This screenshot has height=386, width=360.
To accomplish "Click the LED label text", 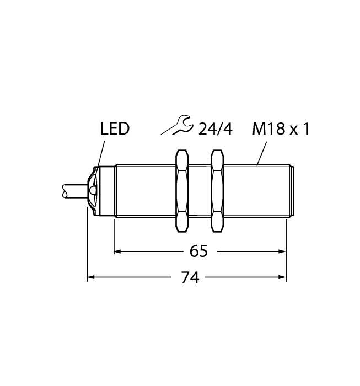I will coord(115,130).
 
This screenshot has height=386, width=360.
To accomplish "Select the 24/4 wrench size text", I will coord(216,130).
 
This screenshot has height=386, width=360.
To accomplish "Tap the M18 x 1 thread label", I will coord(281,130).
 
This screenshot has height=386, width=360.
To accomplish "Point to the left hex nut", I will coord(181,190).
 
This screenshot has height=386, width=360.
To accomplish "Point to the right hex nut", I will coord(218,190).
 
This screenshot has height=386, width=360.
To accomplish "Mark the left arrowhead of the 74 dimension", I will coord(92,278).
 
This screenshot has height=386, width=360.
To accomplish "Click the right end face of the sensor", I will coord(293,190).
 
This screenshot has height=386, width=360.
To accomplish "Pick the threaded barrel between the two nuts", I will coord(200,190).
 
